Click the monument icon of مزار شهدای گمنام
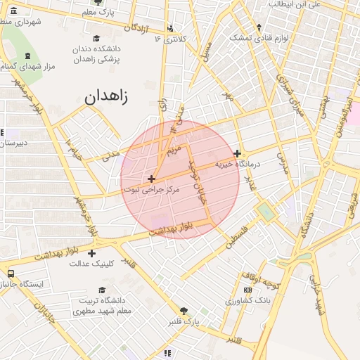pyautogui.click(x=27, y=56)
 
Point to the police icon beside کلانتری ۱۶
pyautogui.click(x=172, y=29)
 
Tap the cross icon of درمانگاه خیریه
pyautogui.click(x=238, y=153)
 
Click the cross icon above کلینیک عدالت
pyautogui.click(x=91, y=252)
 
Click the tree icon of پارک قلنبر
pyautogui.click(x=184, y=311)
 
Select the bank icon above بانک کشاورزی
pyautogui.click(x=247, y=290)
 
